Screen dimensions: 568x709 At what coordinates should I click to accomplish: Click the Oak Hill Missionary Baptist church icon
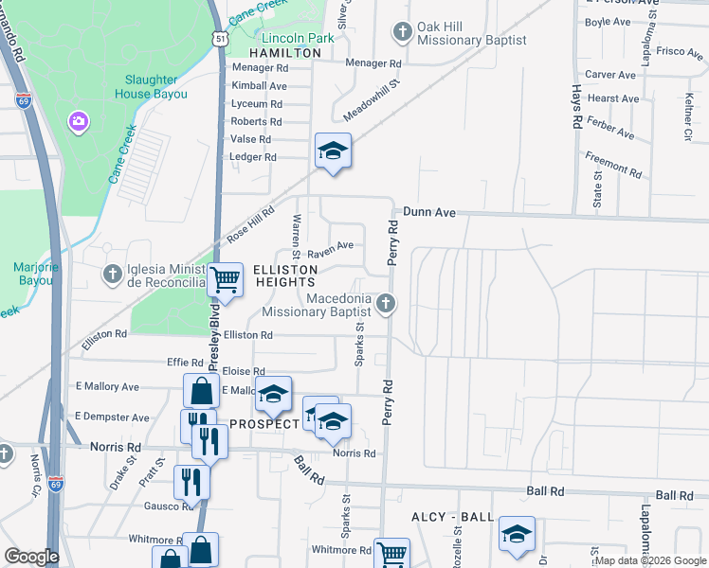[402, 32]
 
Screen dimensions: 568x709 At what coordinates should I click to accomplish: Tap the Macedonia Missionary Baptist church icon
[385, 304]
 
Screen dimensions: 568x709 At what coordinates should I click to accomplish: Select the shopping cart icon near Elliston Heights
[225, 280]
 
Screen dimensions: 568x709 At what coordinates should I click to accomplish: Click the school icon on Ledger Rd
[333, 151]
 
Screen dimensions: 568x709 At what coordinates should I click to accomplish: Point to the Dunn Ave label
[430, 213]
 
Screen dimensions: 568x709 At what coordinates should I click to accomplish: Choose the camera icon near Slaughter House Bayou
[78, 121]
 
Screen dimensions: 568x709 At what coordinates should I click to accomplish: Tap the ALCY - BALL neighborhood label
[453, 517]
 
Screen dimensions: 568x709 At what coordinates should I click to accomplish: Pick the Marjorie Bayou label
[37, 274]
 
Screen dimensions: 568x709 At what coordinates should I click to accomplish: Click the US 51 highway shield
[220, 38]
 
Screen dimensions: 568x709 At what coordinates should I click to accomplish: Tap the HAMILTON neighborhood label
[285, 53]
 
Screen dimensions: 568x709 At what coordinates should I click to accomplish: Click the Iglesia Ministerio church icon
[112, 275]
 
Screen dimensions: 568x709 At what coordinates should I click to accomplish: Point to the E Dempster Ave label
[112, 417]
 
